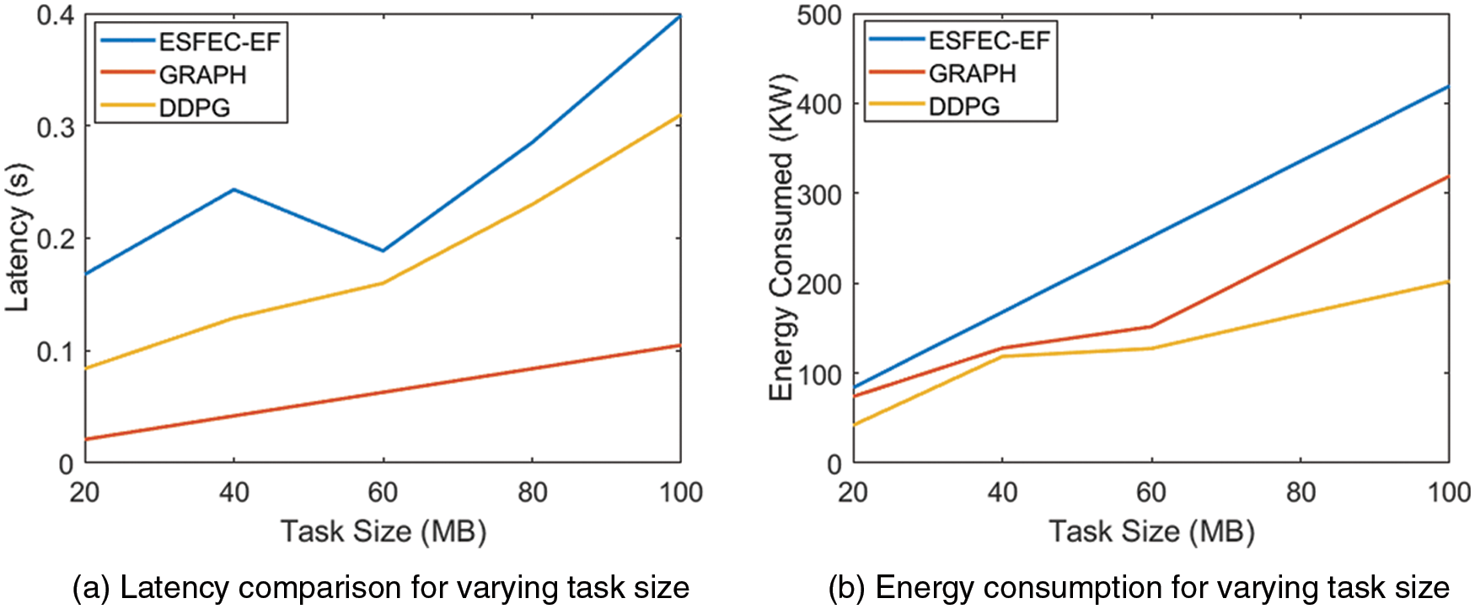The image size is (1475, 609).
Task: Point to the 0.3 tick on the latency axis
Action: tap(55, 127)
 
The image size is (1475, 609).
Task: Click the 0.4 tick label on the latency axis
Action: tap(55, 15)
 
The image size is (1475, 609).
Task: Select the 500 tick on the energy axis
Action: tap(819, 15)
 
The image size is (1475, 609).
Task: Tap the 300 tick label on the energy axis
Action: tap(819, 195)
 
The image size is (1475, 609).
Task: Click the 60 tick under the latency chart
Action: tap(383, 492)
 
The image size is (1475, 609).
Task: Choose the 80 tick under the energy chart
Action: tap(1301, 492)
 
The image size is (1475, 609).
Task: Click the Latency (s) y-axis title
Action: tap(18, 238)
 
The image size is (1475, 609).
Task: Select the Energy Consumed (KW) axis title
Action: tap(781, 238)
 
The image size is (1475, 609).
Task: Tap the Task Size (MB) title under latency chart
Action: tap(383, 532)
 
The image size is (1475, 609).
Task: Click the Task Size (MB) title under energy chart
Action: tap(1151, 532)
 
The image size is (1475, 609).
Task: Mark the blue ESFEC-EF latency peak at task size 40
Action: tap(233, 190)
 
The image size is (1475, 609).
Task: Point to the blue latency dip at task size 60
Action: tap(383, 251)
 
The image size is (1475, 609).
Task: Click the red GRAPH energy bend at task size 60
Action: tap(1151, 327)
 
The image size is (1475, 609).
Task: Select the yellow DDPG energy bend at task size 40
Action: tap(1002, 356)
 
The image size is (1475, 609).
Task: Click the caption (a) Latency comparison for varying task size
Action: tap(381, 587)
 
